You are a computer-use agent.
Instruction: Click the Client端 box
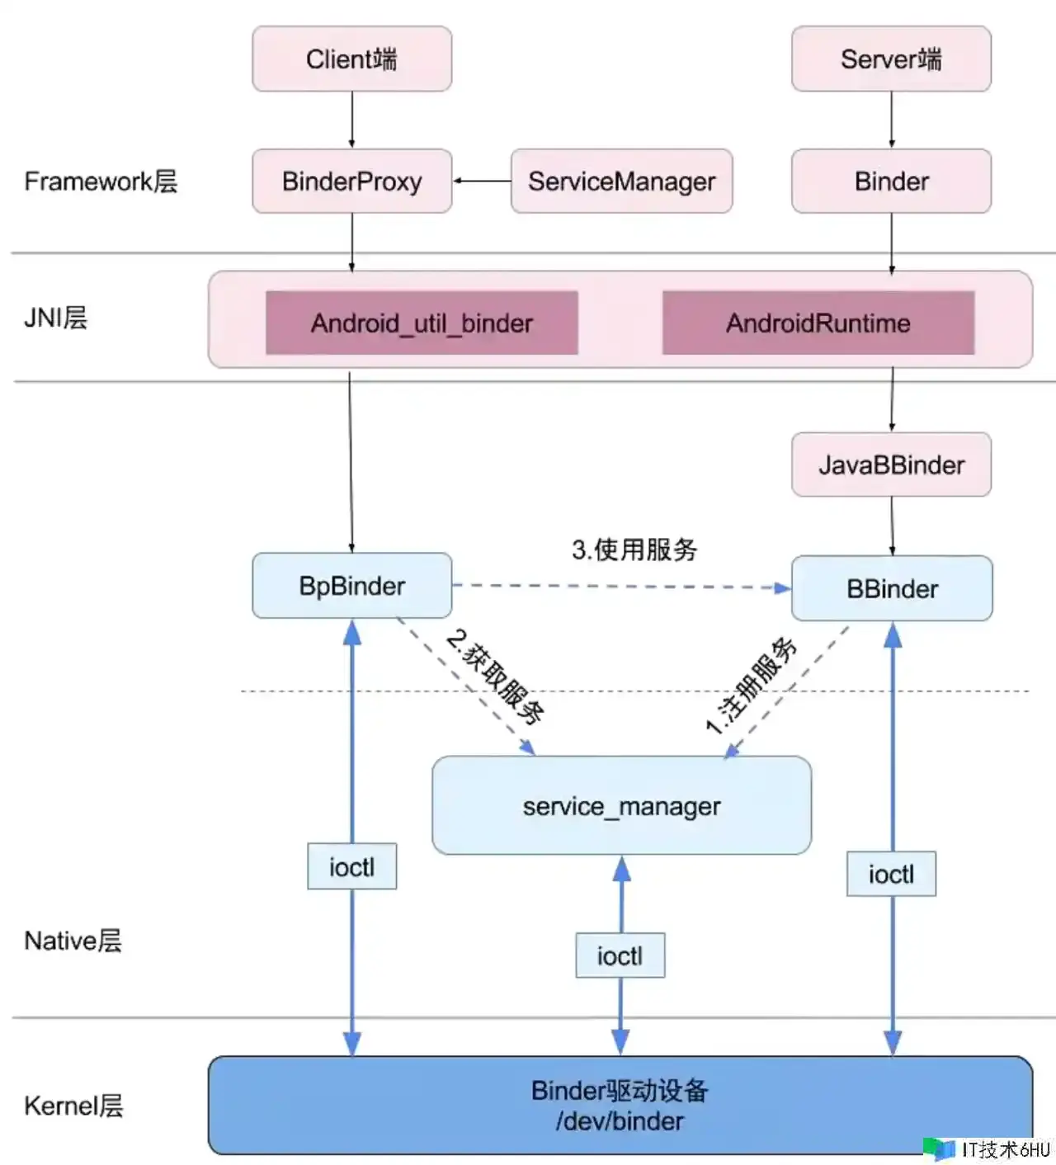point(351,59)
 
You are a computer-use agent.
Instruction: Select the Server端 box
point(891,59)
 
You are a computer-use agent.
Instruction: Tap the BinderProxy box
point(351,182)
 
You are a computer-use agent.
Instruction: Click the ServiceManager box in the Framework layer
point(621,182)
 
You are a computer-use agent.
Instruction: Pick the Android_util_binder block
point(422,323)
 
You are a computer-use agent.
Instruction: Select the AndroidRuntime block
point(818,323)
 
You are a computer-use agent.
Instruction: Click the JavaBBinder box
point(891,465)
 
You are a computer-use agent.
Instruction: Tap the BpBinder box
point(351,586)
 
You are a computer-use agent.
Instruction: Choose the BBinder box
point(892,588)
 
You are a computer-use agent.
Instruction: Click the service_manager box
point(621,805)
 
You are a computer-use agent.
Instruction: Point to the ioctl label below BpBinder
point(351,866)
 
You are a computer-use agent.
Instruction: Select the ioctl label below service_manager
point(620,955)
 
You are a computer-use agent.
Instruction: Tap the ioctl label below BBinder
point(891,874)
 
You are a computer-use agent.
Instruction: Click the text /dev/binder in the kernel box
point(620,1121)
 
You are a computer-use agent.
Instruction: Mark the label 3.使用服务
point(634,549)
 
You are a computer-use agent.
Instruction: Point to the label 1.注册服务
point(751,685)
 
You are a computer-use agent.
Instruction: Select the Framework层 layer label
point(101,182)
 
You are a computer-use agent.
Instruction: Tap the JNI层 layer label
point(55,318)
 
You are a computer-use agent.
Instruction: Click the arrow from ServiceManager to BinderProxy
point(482,181)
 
